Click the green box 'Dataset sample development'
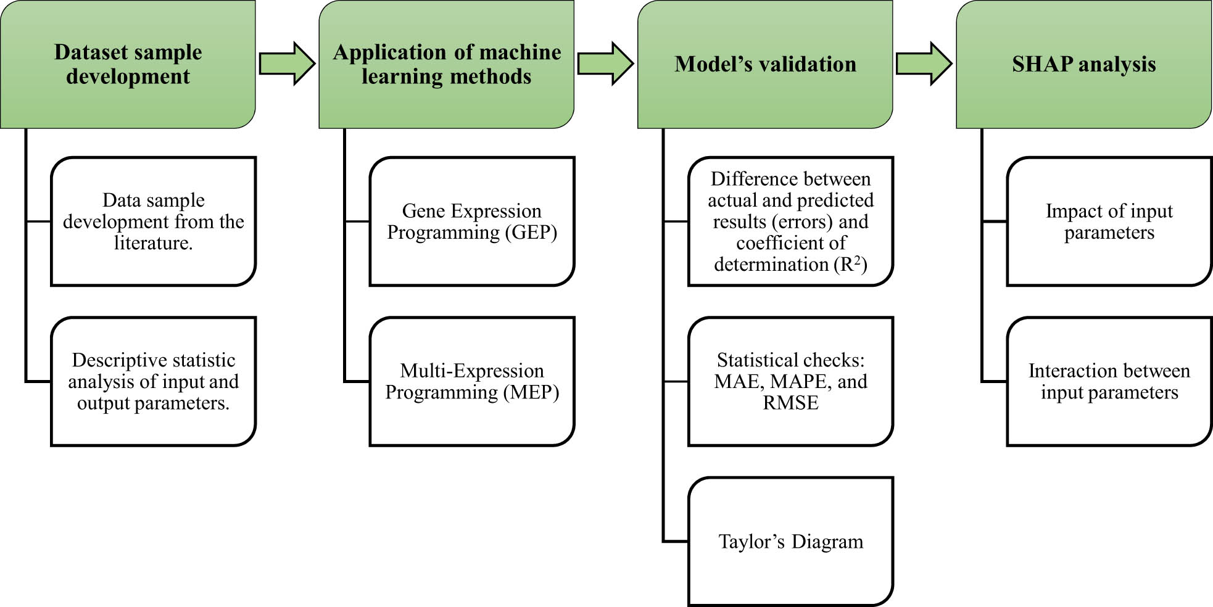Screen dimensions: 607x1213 (x=128, y=64)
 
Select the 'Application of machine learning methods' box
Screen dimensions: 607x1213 (x=446, y=64)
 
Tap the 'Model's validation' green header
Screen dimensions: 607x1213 (x=765, y=64)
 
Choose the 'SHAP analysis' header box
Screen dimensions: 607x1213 (x=1083, y=64)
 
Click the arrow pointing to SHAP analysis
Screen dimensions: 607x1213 (x=924, y=64)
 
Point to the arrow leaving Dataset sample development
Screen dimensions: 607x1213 (x=287, y=64)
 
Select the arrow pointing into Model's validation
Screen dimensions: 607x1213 (x=605, y=64)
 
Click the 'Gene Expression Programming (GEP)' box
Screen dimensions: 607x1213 (x=472, y=221)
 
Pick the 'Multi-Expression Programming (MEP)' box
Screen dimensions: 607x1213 (x=472, y=381)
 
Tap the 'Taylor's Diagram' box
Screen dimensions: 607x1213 (x=790, y=541)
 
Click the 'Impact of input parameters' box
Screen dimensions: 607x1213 (x=1109, y=221)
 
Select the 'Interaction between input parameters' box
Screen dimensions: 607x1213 (x=1109, y=381)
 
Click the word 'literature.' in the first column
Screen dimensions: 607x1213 (x=153, y=243)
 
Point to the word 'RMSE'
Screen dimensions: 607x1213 (x=790, y=403)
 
